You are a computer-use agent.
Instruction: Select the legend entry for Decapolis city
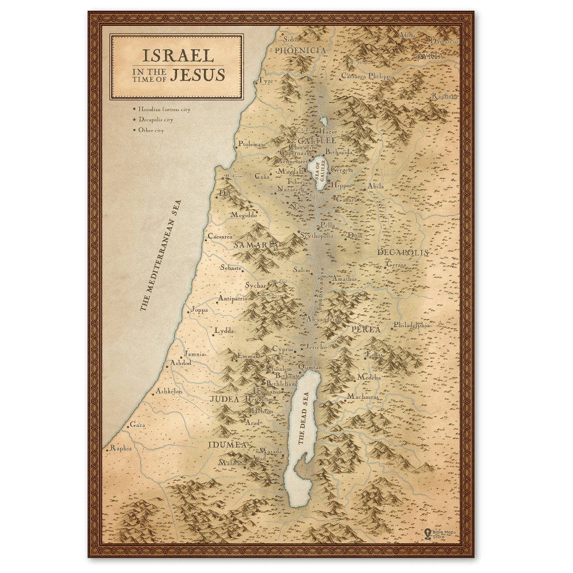point(156,120)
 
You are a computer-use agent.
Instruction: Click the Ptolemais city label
point(252,144)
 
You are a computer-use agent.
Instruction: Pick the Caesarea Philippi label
point(367,76)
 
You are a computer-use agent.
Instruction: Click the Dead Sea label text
point(303,418)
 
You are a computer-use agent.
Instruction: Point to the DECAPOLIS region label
point(403,252)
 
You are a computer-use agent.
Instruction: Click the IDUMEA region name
point(227,445)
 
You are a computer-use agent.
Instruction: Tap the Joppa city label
point(199,310)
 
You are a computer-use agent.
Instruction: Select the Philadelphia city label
point(411,325)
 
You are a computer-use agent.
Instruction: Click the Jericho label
point(316,347)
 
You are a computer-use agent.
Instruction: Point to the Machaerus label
point(362,397)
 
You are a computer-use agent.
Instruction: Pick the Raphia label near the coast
point(121,448)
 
